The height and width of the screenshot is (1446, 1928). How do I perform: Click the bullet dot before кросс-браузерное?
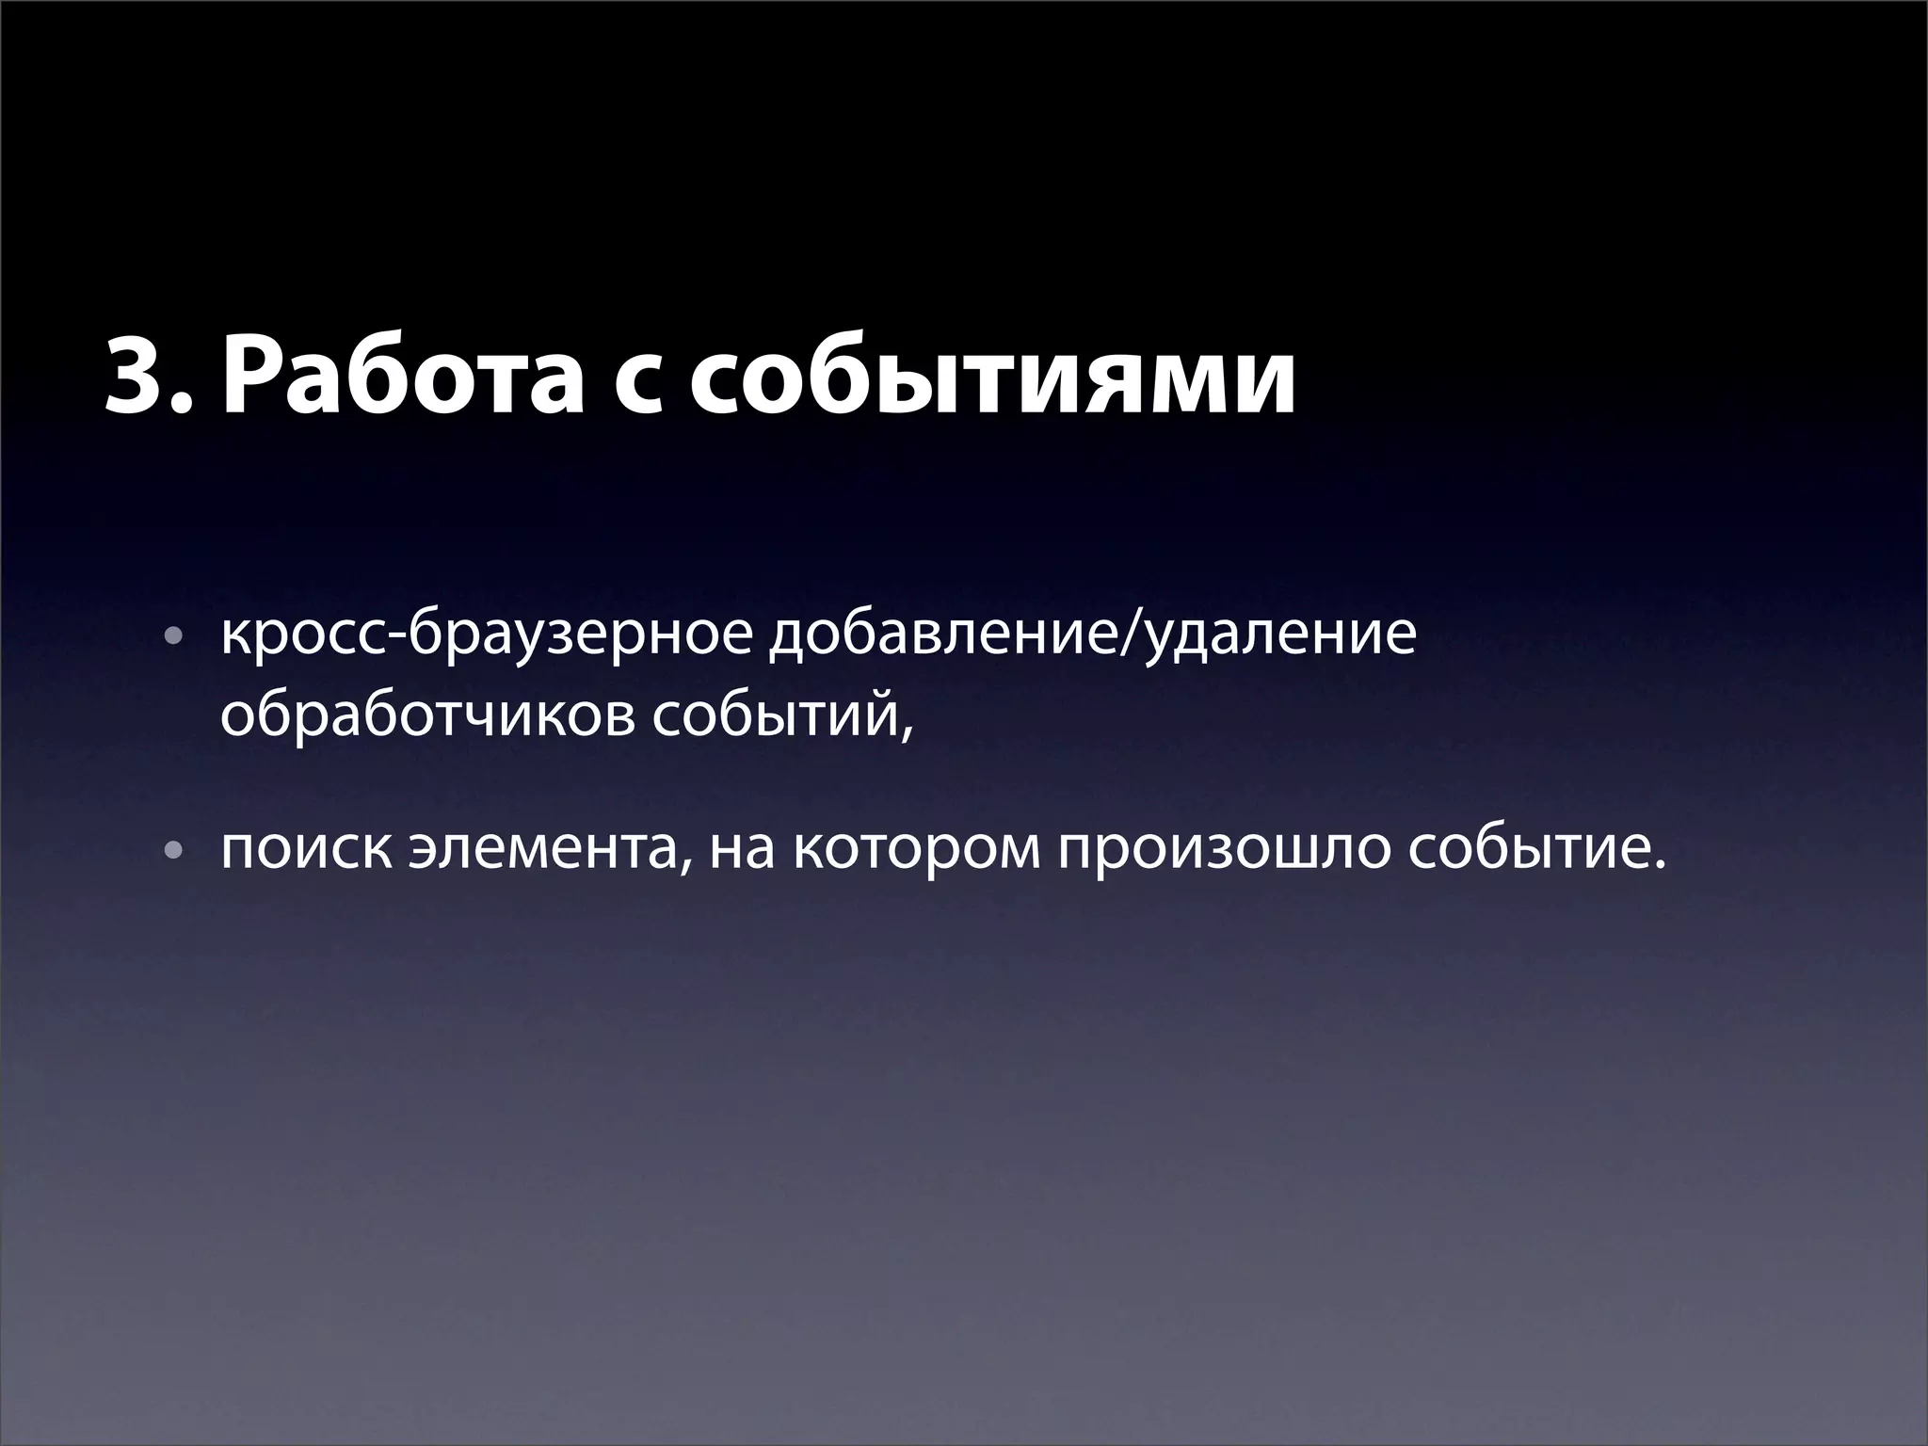[170, 637]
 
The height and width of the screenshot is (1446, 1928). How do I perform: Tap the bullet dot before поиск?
[170, 851]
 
